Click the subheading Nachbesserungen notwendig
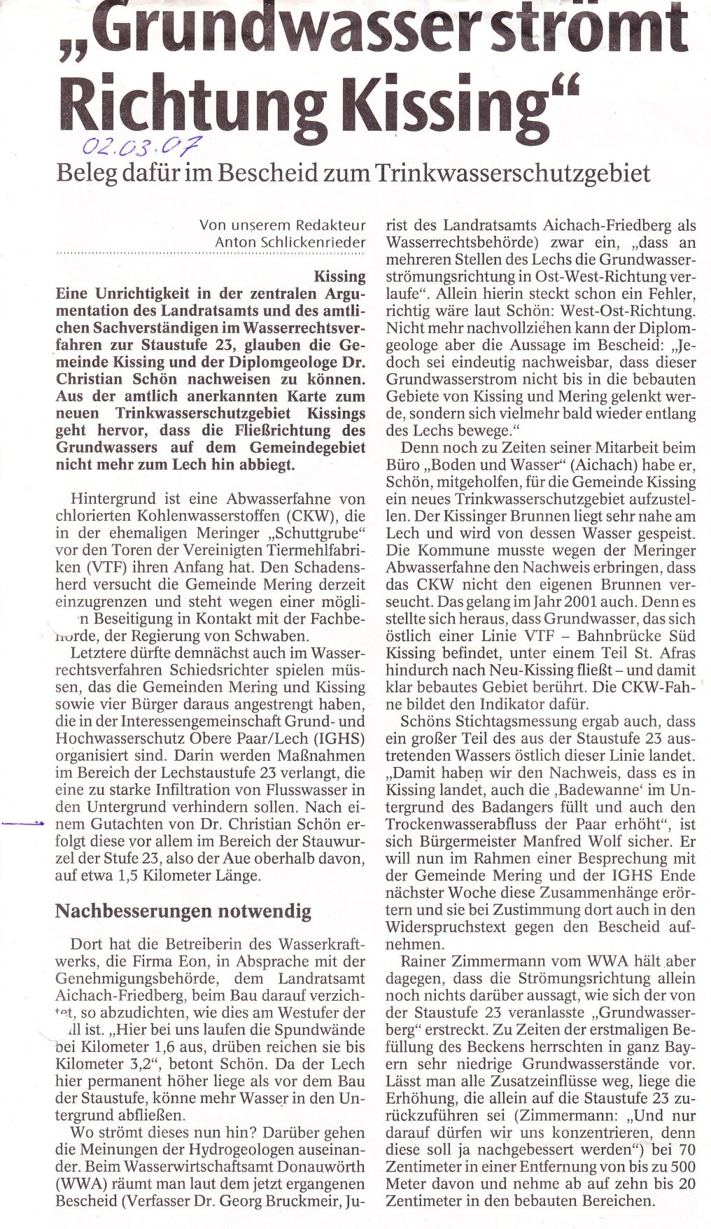183,911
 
